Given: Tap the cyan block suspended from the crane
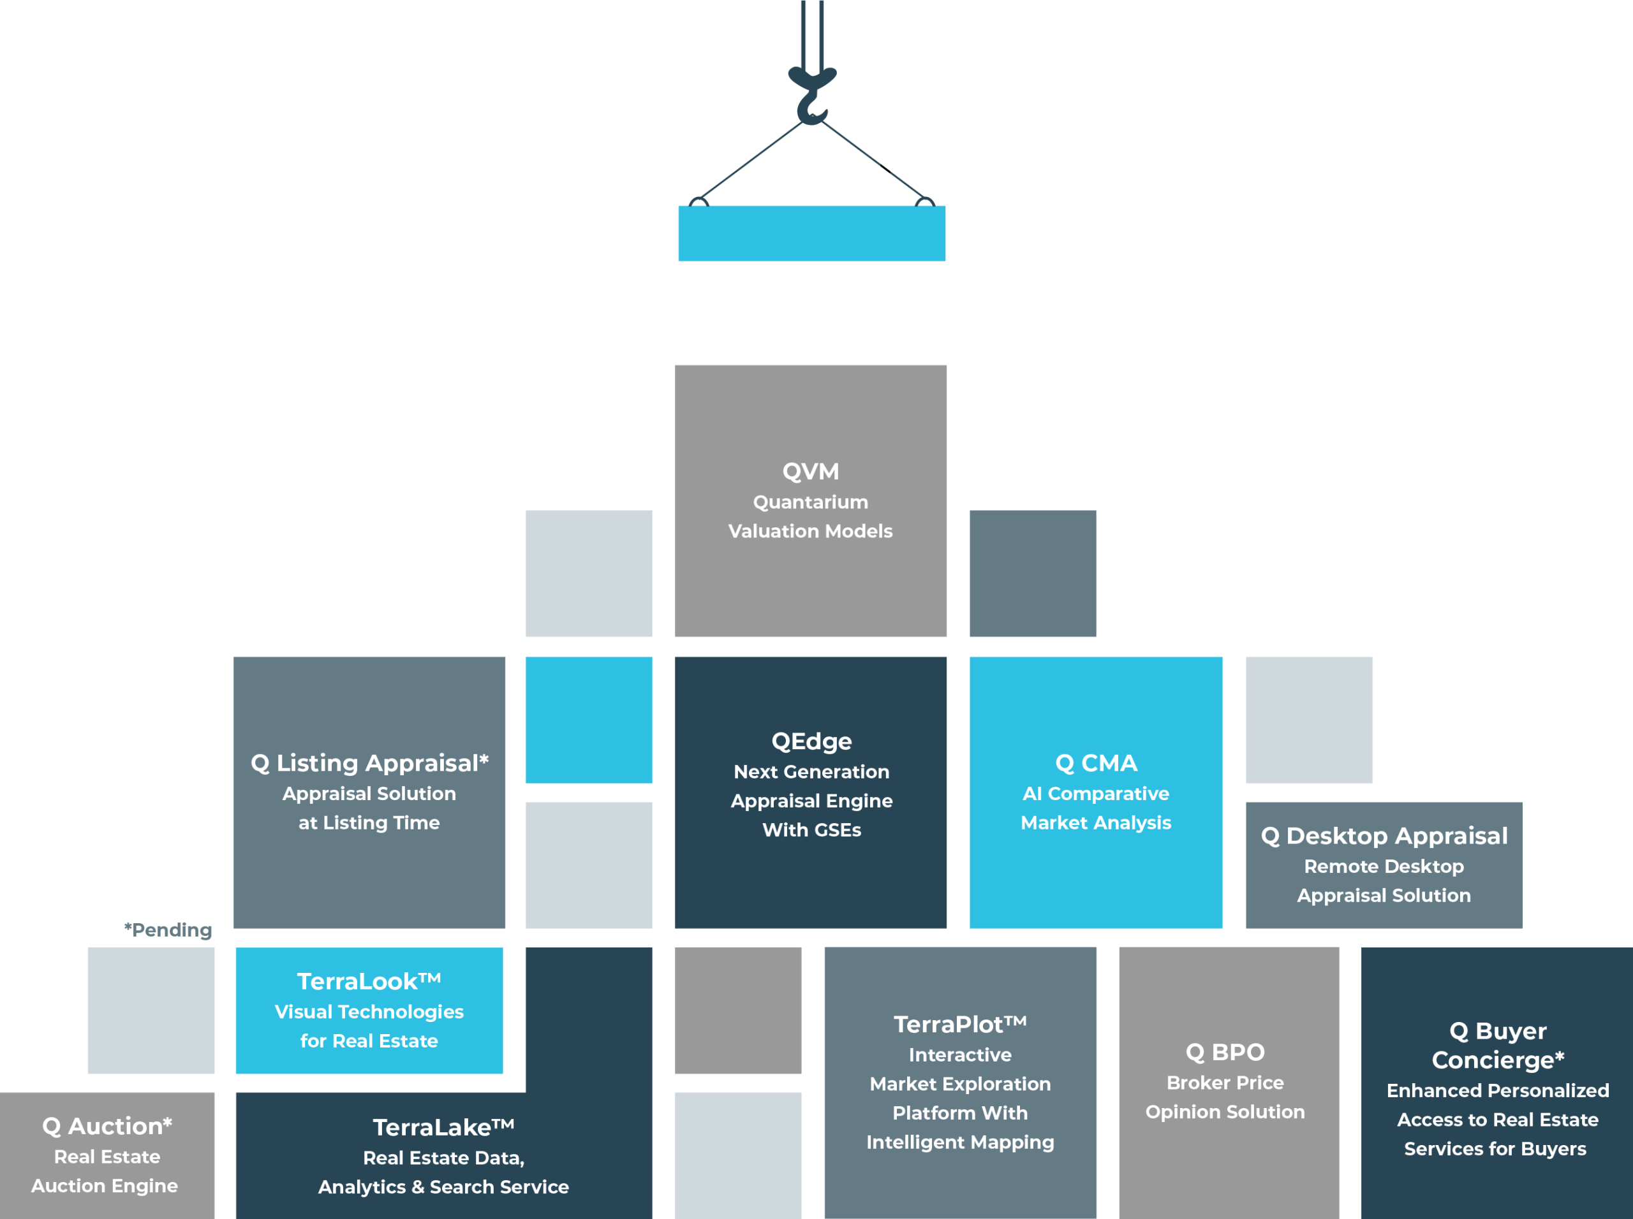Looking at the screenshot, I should [x=811, y=233].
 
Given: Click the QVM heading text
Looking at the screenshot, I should [x=811, y=472].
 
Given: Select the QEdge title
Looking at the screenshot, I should [x=811, y=741].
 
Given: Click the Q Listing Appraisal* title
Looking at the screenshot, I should [x=369, y=763].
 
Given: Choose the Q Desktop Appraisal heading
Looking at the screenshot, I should [x=1384, y=836].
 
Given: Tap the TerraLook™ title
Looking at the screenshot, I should [x=369, y=981].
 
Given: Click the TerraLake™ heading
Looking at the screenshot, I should [x=443, y=1127].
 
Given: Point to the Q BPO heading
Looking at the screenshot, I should [x=1225, y=1052].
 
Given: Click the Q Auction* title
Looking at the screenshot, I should [x=107, y=1126].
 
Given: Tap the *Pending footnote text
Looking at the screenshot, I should [x=168, y=930].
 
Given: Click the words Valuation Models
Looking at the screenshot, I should [x=811, y=531].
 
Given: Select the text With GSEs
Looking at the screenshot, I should [x=811, y=830].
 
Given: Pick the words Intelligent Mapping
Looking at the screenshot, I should [x=960, y=1142].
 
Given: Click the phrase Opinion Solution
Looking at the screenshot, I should [x=1225, y=1112].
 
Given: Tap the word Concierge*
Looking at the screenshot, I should [x=1497, y=1060].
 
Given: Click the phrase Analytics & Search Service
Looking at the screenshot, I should [x=443, y=1187].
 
